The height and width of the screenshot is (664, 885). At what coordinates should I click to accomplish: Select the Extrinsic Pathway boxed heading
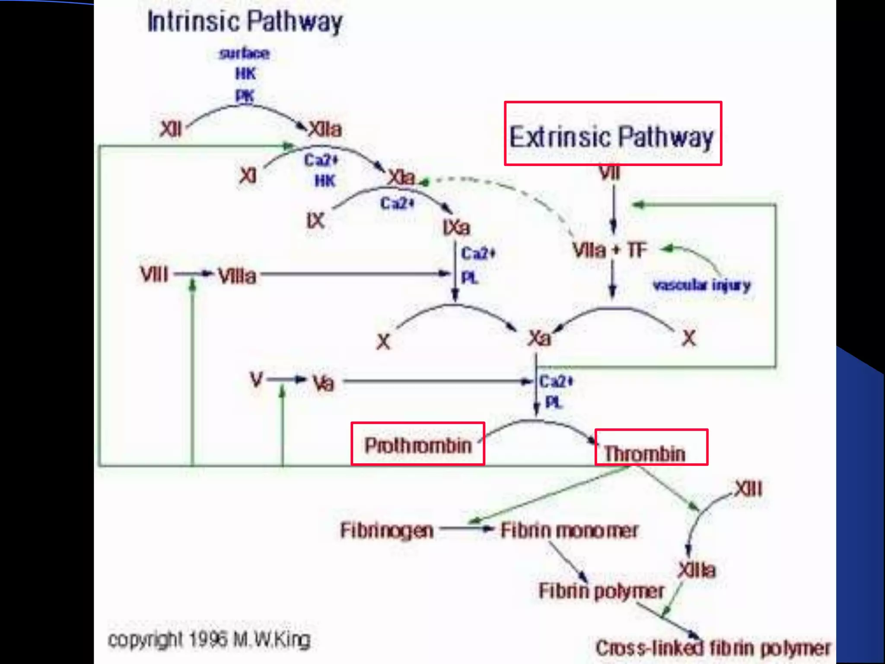pyautogui.click(x=612, y=137)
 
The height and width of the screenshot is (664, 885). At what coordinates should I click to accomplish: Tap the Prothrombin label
pyautogui.click(x=418, y=445)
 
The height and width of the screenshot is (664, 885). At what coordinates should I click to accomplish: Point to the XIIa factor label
pyautogui.click(x=325, y=129)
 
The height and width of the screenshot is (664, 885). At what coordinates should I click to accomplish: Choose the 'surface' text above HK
pyautogui.click(x=244, y=54)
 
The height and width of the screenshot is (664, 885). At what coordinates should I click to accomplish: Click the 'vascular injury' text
pyautogui.click(x=702, y=285)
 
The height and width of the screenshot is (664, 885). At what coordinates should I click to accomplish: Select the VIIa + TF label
pyautogui.click(x=610, y=250)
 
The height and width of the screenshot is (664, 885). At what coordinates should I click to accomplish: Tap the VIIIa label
pyautogui.click(x=237, y=276)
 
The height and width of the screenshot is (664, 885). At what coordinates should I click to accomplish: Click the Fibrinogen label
pyautogui.click(x=387, y=530)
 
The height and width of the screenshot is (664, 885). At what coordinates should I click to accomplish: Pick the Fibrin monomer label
pyautogui.click(x=569, y=530)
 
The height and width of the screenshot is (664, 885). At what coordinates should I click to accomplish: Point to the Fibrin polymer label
pyautogui.click(x=601, y=591)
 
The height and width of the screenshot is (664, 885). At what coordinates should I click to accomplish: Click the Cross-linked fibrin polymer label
pyautogui.click(x=713, y=648)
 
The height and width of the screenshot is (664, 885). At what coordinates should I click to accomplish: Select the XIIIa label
pyautogui.click(x=697, y=570)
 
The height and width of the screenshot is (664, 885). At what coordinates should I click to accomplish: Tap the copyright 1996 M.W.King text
pyautogui.click(x=209, y=639)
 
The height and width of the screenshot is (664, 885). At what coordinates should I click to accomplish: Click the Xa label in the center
pyautogui.click(x=539, y=338)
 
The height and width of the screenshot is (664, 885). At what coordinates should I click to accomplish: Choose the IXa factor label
pyautogui.click(x=456, y=227)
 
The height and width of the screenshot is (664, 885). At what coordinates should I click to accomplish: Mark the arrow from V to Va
pyautogui.click(x=287, y=380)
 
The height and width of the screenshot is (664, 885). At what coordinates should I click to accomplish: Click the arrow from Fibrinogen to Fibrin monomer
pyautogui.click(x=467, y=528)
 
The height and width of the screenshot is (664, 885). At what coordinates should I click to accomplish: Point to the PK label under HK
pyautogui.click(x=245, y=96)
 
